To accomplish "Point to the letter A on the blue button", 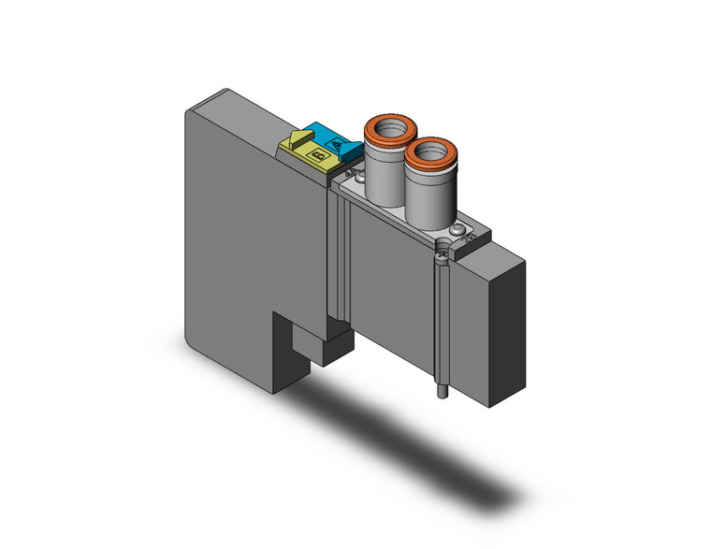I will [x=338, y=144].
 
